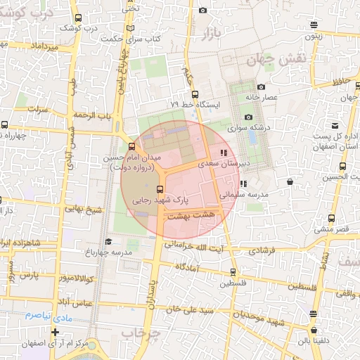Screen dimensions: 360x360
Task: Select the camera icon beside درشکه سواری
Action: [x=248, y=117]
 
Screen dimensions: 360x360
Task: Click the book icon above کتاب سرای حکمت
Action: [x=129, y=28]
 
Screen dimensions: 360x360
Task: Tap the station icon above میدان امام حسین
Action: [x=131, y=147]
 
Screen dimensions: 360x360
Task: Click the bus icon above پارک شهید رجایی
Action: [x=160, y=188]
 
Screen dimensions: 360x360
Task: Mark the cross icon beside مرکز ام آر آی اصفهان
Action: [x=55, y=332]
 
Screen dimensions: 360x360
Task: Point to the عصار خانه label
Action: [x=262, y=97]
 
